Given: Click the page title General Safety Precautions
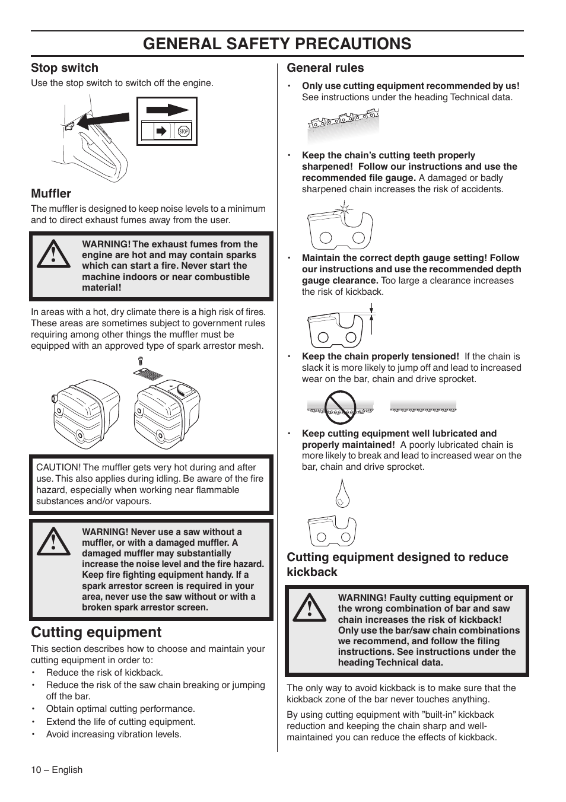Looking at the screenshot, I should [x=278, y=43].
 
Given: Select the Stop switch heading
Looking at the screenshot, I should [x=65, y=68].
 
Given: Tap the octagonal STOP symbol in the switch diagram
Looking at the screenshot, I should [x=183, y=132].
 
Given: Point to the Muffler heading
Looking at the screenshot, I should [x=51, y=193].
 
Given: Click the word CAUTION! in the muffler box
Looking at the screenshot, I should [x=58, y=467].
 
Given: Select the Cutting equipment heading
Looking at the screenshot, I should [x=96, y=632].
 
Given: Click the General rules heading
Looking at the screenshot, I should [x=325, y=68].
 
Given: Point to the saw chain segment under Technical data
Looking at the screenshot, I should [x=343, y=122].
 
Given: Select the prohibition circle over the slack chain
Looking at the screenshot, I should [x=340, y=407].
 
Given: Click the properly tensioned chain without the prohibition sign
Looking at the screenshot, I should [x=423, y=406].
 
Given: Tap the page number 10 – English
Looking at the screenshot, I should [x=57, y=770].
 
